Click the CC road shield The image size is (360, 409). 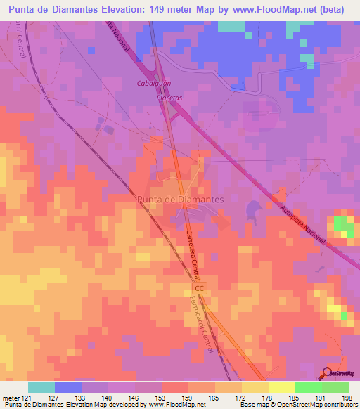click(x=200, y=288)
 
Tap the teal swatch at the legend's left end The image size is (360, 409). click(x=41, y=387)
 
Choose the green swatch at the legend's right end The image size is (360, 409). click(x=335, y=387)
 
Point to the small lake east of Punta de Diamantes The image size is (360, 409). click(x=252, y=209)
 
